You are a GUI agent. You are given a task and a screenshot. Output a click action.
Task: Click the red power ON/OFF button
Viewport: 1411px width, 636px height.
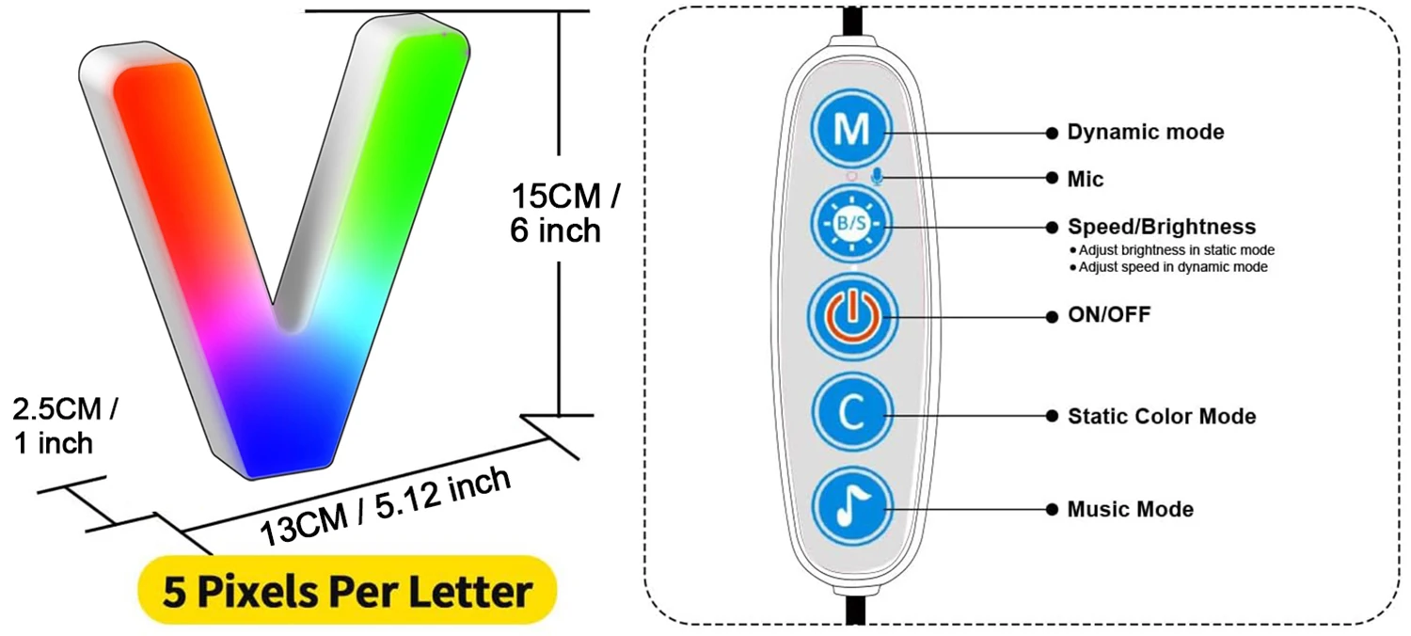[x=851, y=317]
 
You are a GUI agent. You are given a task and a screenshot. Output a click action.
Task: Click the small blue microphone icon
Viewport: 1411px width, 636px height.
[x=877, y=177]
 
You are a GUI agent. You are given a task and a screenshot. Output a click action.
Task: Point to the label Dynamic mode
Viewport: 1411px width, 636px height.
[x=1146, y=133]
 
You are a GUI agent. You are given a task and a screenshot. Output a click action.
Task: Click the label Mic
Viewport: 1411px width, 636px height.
[x=1086, y=179]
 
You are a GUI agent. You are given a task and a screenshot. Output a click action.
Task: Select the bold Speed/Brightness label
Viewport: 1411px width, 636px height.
[x=1161, y=227]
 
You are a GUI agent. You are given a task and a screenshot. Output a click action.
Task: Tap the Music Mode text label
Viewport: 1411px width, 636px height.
[x=1130, y=510]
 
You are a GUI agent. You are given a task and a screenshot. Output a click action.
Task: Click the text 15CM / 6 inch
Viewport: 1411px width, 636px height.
[x=564, y=214]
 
